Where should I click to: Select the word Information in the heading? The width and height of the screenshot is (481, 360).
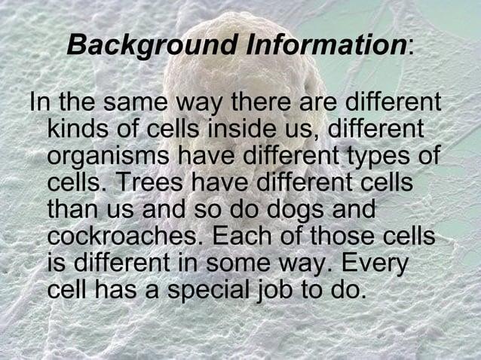[325, 44]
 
